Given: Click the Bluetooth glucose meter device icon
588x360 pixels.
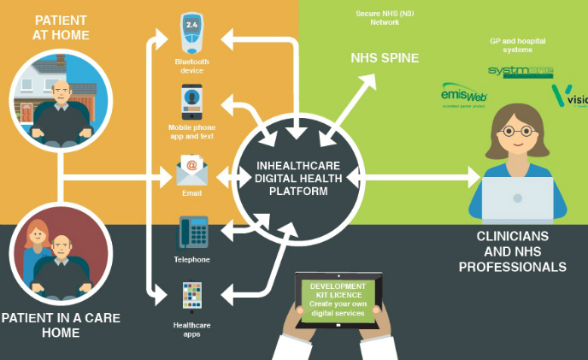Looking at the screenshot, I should [191, 33].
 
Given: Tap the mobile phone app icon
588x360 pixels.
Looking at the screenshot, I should [191, 103].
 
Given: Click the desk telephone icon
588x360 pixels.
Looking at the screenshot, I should [191, 233].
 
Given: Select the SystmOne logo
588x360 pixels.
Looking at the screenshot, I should [520, 71].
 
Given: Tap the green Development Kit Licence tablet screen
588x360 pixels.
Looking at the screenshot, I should [337, 298].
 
